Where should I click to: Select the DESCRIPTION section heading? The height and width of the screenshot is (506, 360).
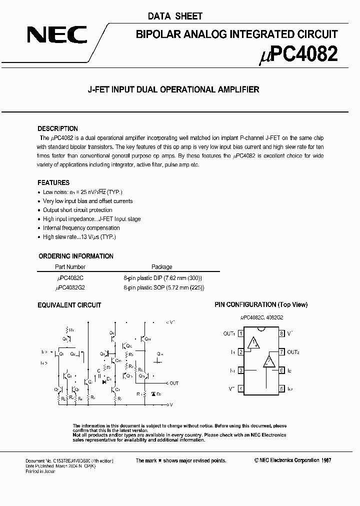[58, 128]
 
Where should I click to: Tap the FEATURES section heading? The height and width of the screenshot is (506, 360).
[53, 182]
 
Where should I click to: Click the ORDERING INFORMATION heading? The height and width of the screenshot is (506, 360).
[76, 256]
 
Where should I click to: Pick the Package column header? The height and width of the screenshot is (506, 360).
[161, 267]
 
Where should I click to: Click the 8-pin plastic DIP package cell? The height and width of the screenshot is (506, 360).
[163, 277]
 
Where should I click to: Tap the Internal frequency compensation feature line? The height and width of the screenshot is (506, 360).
[81, 228]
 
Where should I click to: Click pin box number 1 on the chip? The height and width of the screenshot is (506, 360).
[241, 333]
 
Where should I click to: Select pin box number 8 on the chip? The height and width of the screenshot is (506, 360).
[282, 333]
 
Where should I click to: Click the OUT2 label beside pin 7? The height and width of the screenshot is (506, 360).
[293, 352]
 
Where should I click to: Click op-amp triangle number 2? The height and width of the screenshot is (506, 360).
[269, 361]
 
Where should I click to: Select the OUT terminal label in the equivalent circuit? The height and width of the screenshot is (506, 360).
[173, 383]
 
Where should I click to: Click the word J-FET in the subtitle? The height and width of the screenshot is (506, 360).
[99, 90]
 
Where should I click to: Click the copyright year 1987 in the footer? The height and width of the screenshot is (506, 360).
[325, 460]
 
